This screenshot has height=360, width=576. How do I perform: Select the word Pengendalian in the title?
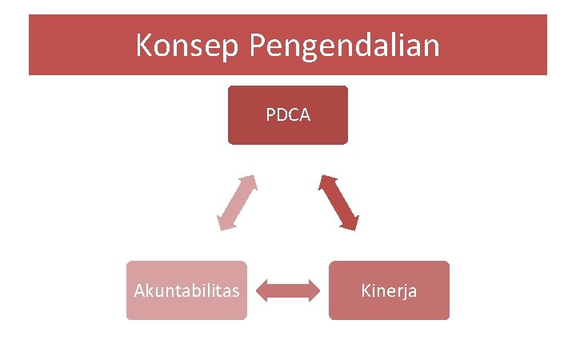pos(344,46)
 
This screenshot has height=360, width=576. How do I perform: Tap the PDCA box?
pos(288,115)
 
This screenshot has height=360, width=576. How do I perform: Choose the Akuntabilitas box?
pos(186,290)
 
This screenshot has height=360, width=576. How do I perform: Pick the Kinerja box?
pos(389,290)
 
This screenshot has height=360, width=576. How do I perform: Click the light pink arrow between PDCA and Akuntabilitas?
pos(238,202)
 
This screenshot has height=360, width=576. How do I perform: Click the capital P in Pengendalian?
pos(258,46)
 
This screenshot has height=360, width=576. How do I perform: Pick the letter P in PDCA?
pos(270,115)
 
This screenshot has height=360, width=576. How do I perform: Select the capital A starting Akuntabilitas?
pos(138,290)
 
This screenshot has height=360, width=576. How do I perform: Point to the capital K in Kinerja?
pos(366,290)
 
